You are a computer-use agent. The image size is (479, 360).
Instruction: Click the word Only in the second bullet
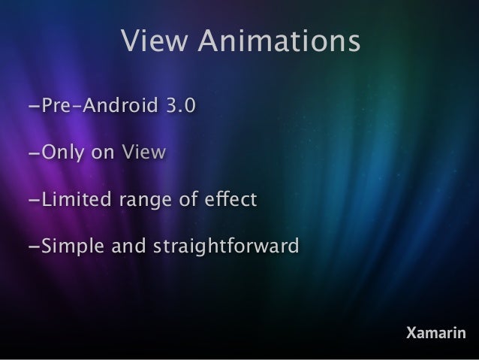click(63, 154)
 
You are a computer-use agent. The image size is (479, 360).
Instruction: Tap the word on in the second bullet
click(104, 154)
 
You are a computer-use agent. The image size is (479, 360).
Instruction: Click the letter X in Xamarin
click(411, 332)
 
